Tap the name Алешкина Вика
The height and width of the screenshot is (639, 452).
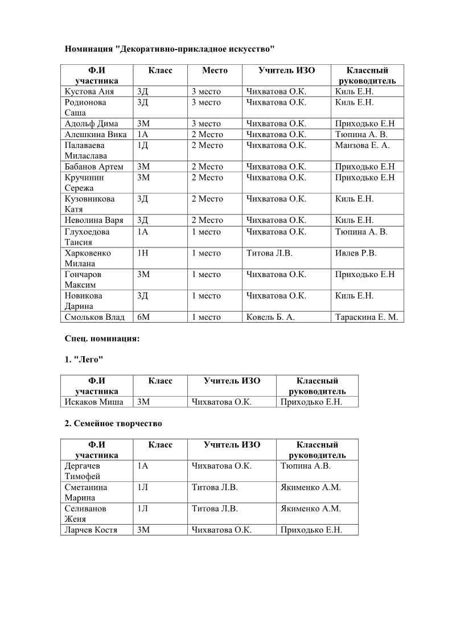coord(96,135)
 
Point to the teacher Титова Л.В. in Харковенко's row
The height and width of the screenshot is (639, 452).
coord(269,253)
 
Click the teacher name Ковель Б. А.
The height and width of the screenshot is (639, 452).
coord(270,318)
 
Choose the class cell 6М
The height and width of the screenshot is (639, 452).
coord(143,318)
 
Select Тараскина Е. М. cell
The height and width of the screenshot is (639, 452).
coord(367,318)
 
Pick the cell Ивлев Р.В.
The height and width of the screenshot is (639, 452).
coord(356,253)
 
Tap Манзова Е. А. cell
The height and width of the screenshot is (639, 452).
coord(362,146)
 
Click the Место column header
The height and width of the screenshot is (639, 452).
coord(215,71)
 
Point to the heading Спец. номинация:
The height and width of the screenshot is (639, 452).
coord(102,339)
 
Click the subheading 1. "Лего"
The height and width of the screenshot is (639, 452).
coord(84,360)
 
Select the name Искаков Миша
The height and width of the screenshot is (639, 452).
coord(94,402)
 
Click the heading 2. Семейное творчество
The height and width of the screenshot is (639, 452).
coord(113,424)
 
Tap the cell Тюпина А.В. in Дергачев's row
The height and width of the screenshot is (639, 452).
coord(306,466)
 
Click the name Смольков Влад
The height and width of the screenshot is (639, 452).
coord(94,318)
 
